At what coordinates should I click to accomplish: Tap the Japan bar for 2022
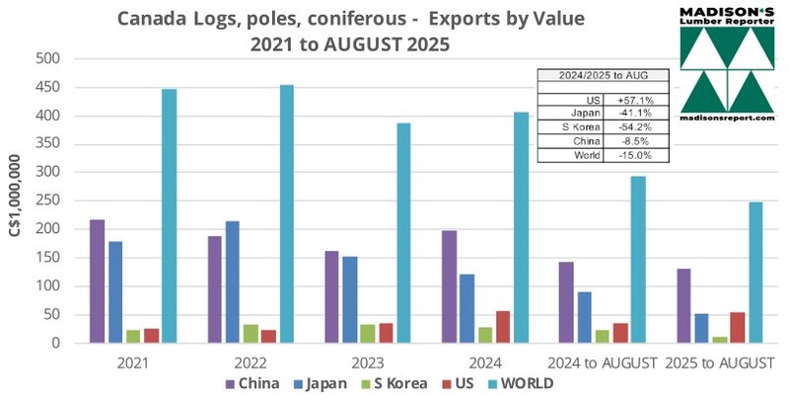coord(232,282)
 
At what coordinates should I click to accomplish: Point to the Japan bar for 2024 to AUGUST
coord(585,317)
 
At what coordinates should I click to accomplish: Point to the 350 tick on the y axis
coord(49,144)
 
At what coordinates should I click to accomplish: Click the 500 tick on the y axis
coord(49,59)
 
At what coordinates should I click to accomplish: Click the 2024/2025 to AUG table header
coord(601,74)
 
